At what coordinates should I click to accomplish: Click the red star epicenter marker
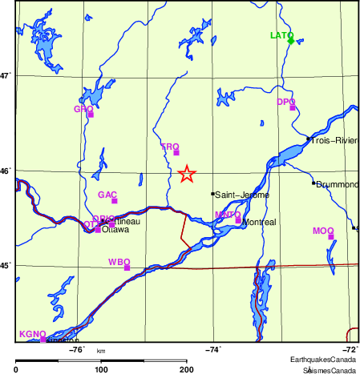[186, 174]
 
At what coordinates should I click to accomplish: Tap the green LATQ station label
[281, 36]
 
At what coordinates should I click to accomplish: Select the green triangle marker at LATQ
[291, 39]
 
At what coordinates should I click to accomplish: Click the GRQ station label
[83, 109]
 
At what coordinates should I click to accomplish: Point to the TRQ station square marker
[176, 152]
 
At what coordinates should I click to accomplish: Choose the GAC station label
[107, 195]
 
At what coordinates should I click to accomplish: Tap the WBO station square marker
[127, 267]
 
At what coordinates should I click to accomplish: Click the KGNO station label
[30, 334]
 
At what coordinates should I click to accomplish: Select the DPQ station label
[285, 102]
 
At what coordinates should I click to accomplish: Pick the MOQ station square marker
[331, 237]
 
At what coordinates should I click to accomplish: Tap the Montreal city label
[258, 222]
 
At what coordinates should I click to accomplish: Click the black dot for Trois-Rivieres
[308, 139]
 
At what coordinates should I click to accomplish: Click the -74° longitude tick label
[214, 349]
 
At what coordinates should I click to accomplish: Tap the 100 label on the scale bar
[101, 369]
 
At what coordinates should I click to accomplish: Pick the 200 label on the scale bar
[187, 369]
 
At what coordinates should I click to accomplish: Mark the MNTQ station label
[228, 215]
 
